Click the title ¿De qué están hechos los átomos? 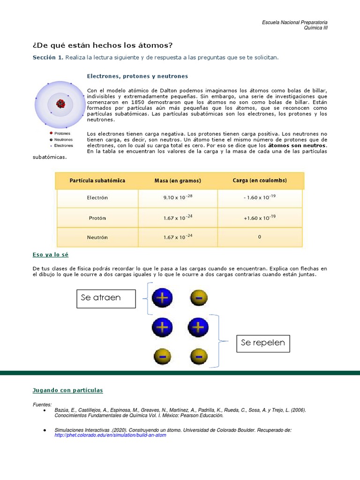coord(102,45)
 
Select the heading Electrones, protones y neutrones coord(137,76)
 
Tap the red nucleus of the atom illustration coord(60,104)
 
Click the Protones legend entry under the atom coord(62,134)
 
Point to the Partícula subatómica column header coord(97,180)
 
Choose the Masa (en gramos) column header coord(178,180)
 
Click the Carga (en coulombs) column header coord(260,180)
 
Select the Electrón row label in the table coord(97,198)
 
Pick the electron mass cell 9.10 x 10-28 coord(178,198)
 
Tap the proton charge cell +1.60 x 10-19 coord(260,217)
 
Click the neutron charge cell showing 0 coord(260,237)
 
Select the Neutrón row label coord(97,237)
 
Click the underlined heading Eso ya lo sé coord(51,255)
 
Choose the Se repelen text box coord(262,343)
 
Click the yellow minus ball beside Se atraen coord(199,297)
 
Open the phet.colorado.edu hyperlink coord(110,435)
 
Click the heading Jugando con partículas coord(67,390)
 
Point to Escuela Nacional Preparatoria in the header coord(294,22)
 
